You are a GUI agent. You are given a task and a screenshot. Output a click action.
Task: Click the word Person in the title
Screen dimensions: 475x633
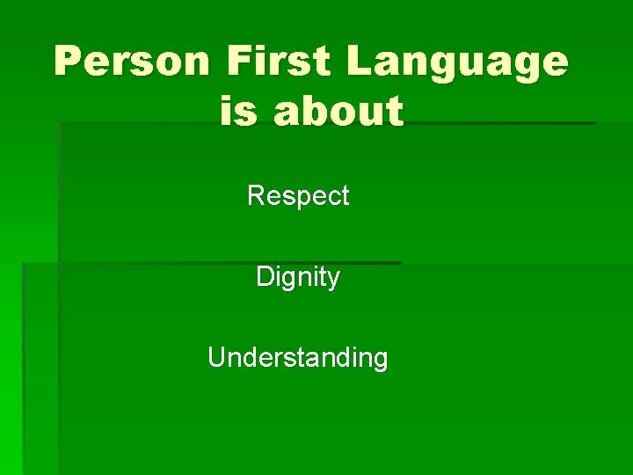tap(131, 62)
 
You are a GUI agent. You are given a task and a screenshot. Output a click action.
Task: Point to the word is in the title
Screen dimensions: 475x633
tap(239, 112)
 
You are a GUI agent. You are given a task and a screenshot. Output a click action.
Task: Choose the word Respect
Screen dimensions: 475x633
tap(298, 195)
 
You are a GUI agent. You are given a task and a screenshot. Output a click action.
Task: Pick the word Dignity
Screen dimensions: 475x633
tap(298, 278)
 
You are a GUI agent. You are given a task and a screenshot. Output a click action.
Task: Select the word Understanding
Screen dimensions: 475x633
tap(298, 358)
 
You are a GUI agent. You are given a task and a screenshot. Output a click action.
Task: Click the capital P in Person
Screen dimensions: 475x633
tap(69, 62)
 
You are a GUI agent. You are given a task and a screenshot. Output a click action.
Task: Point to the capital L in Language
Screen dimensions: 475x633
tap(360, 62)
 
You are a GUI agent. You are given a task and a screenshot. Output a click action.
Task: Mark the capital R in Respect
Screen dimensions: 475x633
tap(256, 195)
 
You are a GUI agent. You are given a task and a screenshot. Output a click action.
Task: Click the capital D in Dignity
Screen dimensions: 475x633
tap(264, 278)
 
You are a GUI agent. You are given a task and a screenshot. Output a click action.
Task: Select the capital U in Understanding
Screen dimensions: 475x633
tap(216, 358)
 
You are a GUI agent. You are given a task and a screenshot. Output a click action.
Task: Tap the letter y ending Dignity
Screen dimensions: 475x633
tap(334, 281)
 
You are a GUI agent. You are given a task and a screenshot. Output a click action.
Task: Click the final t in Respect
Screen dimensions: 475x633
tap(346, 195)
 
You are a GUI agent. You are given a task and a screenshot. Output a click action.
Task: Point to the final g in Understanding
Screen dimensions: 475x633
tap(380, 361)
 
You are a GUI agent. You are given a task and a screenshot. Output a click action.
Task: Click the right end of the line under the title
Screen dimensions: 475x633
tap(594, 123)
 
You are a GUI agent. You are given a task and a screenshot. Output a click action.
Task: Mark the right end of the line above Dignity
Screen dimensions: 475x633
tap(400, 262)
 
